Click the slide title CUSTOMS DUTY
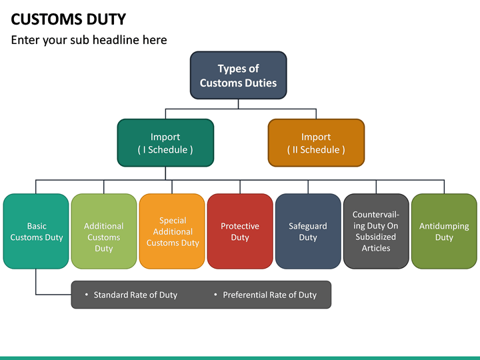(x=69, y=19)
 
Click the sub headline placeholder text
(x=89, y=40)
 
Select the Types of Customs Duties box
(x=238, y=75)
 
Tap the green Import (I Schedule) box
(x=165, y=143)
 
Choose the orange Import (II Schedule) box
(x=316, y=143)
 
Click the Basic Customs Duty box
(x=36, y=231)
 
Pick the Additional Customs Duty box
(x=103, y=231)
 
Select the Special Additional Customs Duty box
(x=172, y=231)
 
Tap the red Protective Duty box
(x=240, y=231)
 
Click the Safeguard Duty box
(x=308, y=231)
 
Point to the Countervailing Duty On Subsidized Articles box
(x=376, y=231)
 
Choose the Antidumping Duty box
(x=444, y=231)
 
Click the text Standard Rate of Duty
(x=135, y=295)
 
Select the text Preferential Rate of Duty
(x=269, y=295)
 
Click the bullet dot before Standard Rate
(x=87, y=295)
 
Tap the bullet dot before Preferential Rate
(x=215, y=295)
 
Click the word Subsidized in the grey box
(x=376, y=237)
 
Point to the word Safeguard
(x=308, y=226)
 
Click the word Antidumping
(x=444, y=226)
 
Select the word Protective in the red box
(x=240, y=226)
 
